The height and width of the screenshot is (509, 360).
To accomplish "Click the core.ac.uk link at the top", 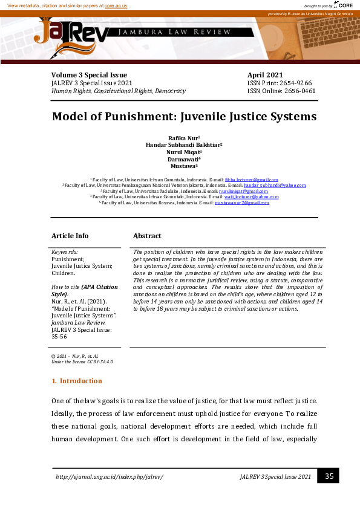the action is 116,5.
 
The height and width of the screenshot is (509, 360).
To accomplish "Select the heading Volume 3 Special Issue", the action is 89,75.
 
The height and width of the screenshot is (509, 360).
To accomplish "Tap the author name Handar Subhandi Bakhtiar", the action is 183,145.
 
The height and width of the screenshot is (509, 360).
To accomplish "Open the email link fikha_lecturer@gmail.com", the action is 251,180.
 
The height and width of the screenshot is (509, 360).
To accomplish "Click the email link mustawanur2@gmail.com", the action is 242,203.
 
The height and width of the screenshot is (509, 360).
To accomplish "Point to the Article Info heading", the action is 70,236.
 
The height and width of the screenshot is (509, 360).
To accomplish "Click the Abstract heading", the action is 147,236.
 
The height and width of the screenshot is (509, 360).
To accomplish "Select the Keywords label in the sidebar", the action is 64,251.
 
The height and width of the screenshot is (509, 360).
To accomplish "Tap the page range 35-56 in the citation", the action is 60,337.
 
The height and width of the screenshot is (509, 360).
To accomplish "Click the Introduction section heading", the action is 80,381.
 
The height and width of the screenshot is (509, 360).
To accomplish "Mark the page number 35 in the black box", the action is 329,476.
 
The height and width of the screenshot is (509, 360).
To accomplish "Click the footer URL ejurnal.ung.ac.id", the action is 110,477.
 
